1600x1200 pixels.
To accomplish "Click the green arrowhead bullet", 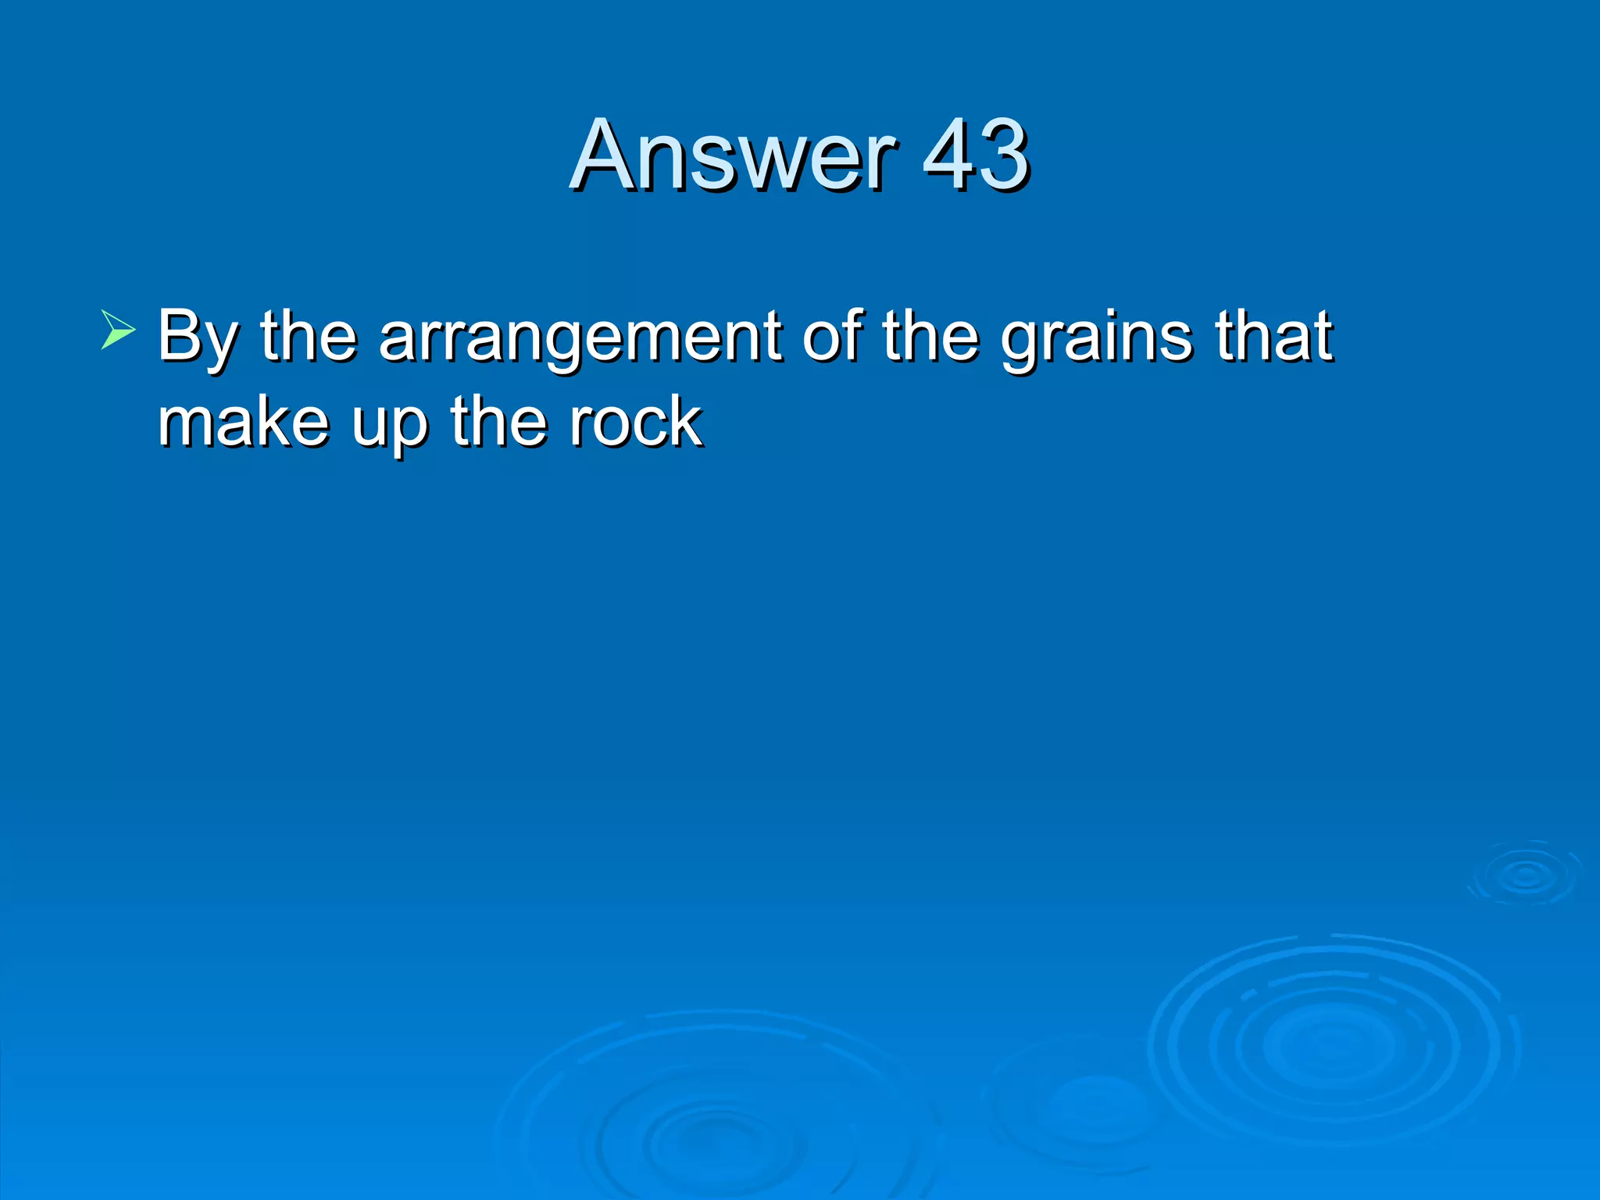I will coord(118,329).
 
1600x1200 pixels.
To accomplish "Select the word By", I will coord(195,337).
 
